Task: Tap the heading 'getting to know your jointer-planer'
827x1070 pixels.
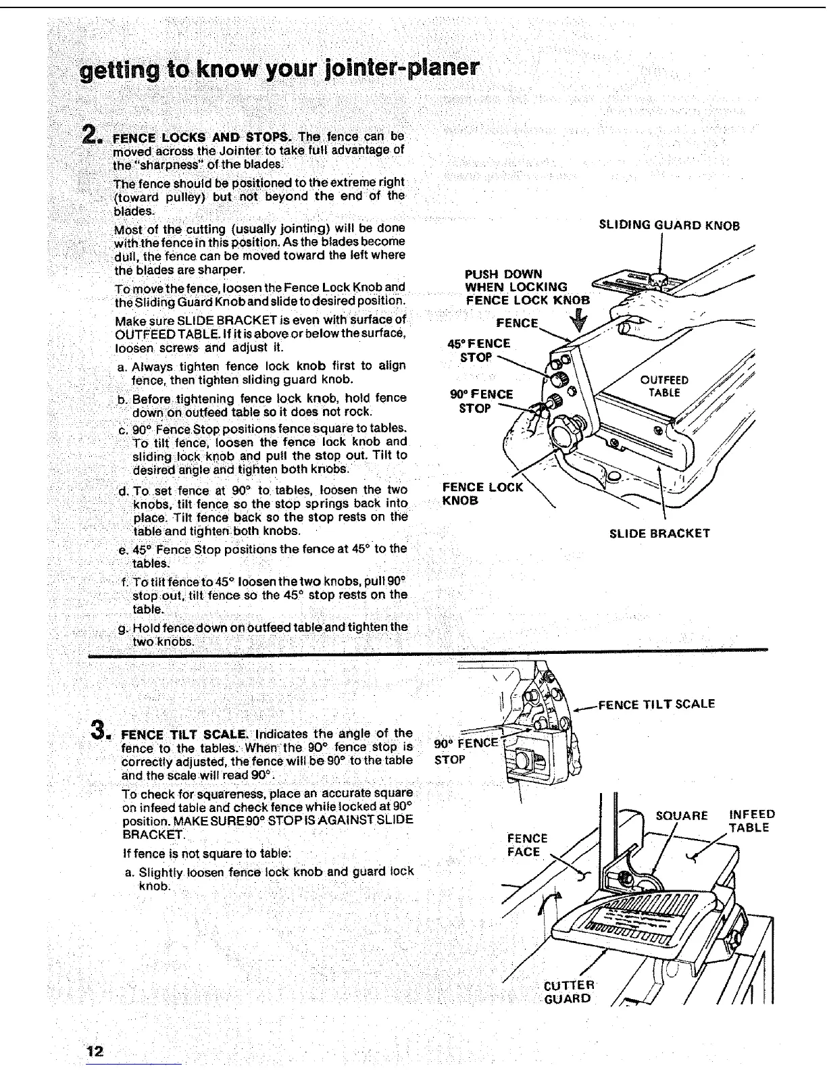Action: (x=280, y=70)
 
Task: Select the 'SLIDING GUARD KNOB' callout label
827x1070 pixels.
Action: (x=670, y=225)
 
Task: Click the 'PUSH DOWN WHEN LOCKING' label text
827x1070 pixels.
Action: (x=517, y=280)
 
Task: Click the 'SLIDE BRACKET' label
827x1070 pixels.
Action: (x=659, y=533)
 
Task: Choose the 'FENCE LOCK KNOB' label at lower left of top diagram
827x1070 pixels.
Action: (x=482, y=493)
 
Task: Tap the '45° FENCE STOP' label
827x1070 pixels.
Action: (x=479, y=350)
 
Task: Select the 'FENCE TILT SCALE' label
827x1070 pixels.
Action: (x=657, y=704)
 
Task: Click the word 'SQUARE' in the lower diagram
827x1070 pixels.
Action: (x=682, y=815)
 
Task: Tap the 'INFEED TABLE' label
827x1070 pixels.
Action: (x=752, y=821)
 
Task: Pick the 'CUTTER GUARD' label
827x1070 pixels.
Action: (x=569, y=992)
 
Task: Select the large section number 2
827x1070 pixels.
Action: (x=91, y=136)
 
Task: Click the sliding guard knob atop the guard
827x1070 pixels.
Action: (x=658, y=278)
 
